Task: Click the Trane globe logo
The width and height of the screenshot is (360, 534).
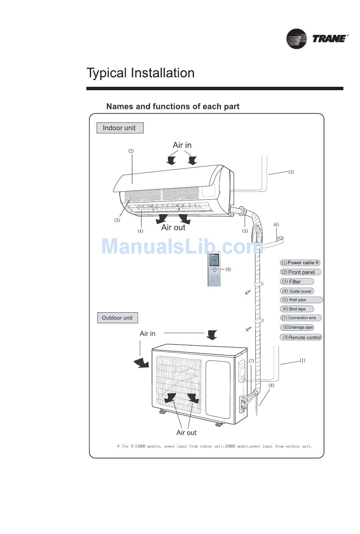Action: (x=296, y=39)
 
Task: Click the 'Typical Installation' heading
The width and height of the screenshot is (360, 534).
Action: (x=141, y=73)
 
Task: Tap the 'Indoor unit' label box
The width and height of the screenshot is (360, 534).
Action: (x=120, y=128)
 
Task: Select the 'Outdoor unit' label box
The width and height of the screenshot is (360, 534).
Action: (x=117, y=318)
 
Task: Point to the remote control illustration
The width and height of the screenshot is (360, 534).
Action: (x=214, y=269)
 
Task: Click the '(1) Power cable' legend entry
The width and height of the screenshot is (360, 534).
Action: (x=300, y=263)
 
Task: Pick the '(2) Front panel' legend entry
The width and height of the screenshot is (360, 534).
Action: (x=301, y=272)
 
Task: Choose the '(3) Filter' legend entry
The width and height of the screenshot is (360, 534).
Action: (x=297, y=282)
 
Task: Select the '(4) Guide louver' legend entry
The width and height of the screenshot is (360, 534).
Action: (x=297, y=291)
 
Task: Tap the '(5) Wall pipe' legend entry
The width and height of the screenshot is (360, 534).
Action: (x=301, y=300)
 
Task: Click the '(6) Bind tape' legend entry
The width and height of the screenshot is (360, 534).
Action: (x=297, y=309)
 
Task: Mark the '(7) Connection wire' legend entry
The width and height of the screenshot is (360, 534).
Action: (x=301, y=318)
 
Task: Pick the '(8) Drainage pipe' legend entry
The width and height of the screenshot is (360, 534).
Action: (x=297, y=327)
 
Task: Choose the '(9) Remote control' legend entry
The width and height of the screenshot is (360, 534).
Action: (x=301, y=337)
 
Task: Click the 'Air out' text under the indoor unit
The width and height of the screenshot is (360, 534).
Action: (x=173, y=227)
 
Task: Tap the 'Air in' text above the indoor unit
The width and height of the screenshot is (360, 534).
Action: (x=182, y=145)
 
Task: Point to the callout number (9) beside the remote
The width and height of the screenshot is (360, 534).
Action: (x=228, y=269)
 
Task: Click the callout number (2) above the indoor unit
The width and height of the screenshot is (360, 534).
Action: (x=131, y=151)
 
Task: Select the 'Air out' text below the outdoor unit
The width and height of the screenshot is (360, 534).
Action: (x=186, y=433)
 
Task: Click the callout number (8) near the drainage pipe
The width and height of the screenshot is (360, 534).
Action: (x=271, y=385)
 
